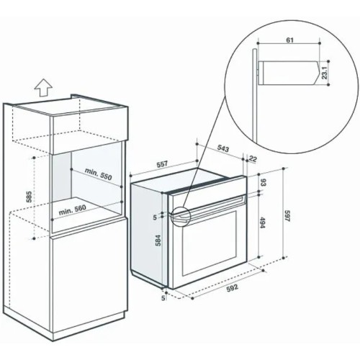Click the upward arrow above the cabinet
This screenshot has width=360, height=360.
(43, 88)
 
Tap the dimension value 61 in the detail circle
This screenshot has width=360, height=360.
(289, 40)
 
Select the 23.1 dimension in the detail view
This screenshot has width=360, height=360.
(324, 73)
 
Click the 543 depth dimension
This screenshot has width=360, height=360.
(223, 149)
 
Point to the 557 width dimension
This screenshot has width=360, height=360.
(162, 165)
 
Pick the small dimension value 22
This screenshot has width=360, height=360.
(253, 158)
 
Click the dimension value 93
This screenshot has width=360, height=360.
(264, 183)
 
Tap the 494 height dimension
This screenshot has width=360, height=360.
(263, 222)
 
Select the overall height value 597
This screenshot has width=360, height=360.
(287, 216)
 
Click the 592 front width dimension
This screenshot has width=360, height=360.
(233, 287)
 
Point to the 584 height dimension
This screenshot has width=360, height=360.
(158, 240)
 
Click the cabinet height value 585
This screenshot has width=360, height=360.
(29, 197)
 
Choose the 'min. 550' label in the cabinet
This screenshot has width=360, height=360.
(99, 174)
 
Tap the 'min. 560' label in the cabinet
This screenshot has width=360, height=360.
(72, 210)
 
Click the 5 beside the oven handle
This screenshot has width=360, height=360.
(155, 217)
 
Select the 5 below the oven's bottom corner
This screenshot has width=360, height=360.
(163, 298)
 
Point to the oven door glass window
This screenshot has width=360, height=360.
(210, 243)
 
